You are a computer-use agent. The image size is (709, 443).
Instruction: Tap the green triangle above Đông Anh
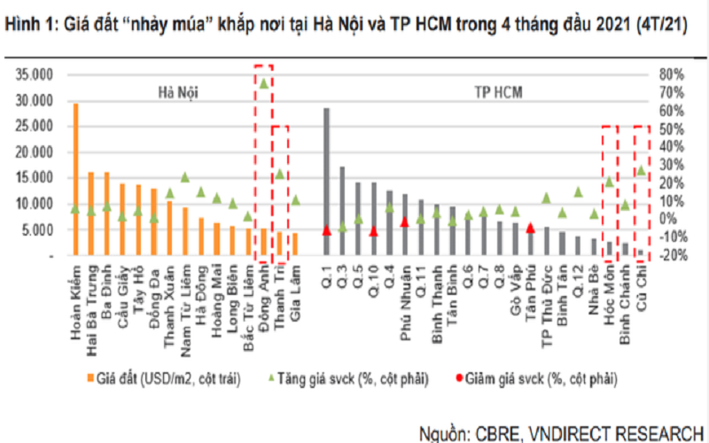tap(263, 83)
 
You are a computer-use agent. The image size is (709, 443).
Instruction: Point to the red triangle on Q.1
tap(326, 230)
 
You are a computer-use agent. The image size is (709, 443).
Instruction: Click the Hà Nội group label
tap(175, 91)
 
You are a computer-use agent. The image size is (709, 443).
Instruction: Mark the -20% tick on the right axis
tap(670, 256)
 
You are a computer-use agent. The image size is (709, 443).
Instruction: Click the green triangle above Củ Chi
tap(641, 170)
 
